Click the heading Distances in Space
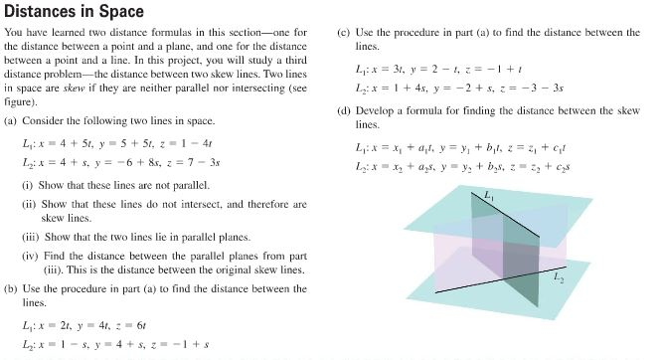coord(75,12)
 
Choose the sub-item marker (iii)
coord(31,238)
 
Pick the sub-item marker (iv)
coord(31,256)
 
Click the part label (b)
coord(12,288)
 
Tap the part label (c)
coord(345,32)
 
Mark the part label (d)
coord(345,110)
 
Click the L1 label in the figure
coord(488,198)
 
